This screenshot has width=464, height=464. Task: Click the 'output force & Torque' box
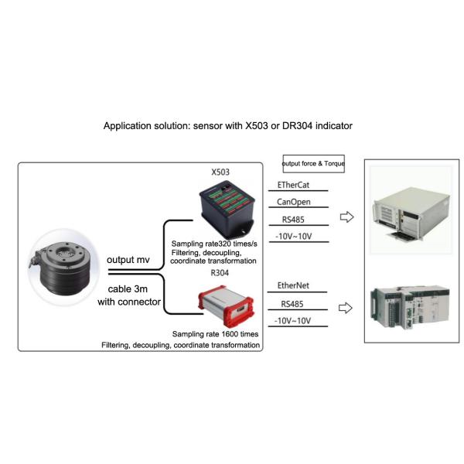point(313,164)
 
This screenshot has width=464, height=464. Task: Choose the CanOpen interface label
point(295,203)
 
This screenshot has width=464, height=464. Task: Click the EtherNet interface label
point(295,286)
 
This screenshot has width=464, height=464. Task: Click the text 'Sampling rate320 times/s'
point(214,244)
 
